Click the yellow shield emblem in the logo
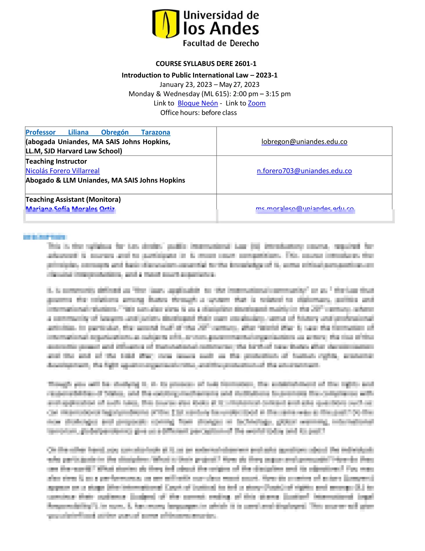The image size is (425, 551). point(166,24)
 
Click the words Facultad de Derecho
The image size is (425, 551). point(221,43)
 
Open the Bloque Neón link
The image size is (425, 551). point(198,103)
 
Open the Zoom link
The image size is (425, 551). point(257,103)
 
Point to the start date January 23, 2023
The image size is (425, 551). point(186,85)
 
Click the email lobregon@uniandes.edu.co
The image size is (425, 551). point(304,142)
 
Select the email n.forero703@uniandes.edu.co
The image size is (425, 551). point(304,171)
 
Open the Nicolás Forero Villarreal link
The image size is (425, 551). point(62,171)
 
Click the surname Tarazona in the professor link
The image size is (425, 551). point(156,132)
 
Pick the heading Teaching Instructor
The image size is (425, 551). point(56,161)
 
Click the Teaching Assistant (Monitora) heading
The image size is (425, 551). point(73,199)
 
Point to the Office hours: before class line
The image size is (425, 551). point(199,113)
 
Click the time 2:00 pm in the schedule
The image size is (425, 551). point(245,94)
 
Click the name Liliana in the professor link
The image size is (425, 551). point(78,132)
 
